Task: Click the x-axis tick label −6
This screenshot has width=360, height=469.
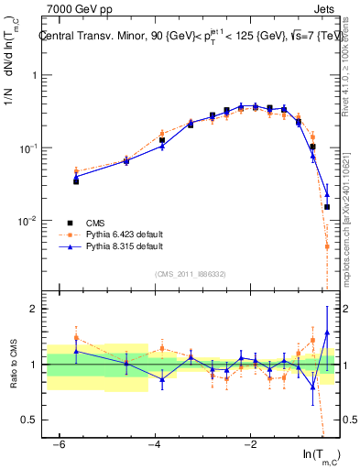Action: tap(59, 444)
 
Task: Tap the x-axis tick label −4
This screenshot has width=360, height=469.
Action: tap(155, 444)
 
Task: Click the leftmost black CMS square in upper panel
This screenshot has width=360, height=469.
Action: tap(76, 181)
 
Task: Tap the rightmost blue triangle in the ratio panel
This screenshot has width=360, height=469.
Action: tap(327, 332)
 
